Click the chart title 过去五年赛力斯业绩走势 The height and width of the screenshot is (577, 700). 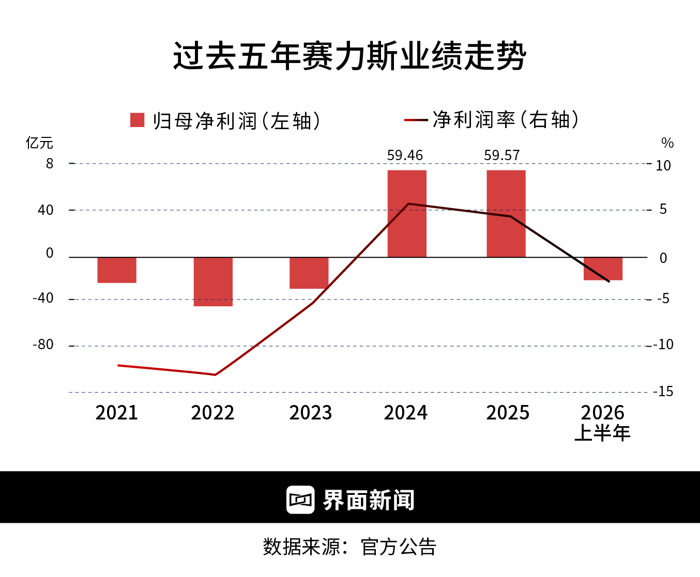click(349, 56)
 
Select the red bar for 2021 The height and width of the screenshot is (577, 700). click(117, 270)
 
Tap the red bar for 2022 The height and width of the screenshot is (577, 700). click(213, 282)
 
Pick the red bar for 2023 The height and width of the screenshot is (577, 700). click(309, 273)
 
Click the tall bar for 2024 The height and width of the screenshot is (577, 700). click(407, 213)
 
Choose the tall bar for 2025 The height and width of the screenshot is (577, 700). click(506, 213)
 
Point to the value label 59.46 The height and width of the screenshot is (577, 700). click(405, 155)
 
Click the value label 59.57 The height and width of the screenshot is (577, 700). click(502, 155)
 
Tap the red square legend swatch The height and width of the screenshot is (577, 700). click(137, 120)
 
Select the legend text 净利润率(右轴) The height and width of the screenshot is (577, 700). click(506, 120)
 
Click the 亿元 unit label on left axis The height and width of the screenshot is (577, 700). click(39, 143)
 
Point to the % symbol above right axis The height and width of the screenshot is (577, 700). click(667, 143)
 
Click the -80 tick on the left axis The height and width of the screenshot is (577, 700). click(43, 345)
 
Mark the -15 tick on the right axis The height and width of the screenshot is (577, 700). click(663, 392)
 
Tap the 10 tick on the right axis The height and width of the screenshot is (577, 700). click(663, 165)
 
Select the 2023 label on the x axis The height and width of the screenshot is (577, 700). click(310, 413)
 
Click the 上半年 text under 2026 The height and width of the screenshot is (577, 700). click(602, 433)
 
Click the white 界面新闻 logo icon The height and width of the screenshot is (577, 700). click(300, 500)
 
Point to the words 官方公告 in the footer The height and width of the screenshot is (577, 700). click(398, 547)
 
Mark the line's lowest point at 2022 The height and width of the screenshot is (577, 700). click(215, 375)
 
